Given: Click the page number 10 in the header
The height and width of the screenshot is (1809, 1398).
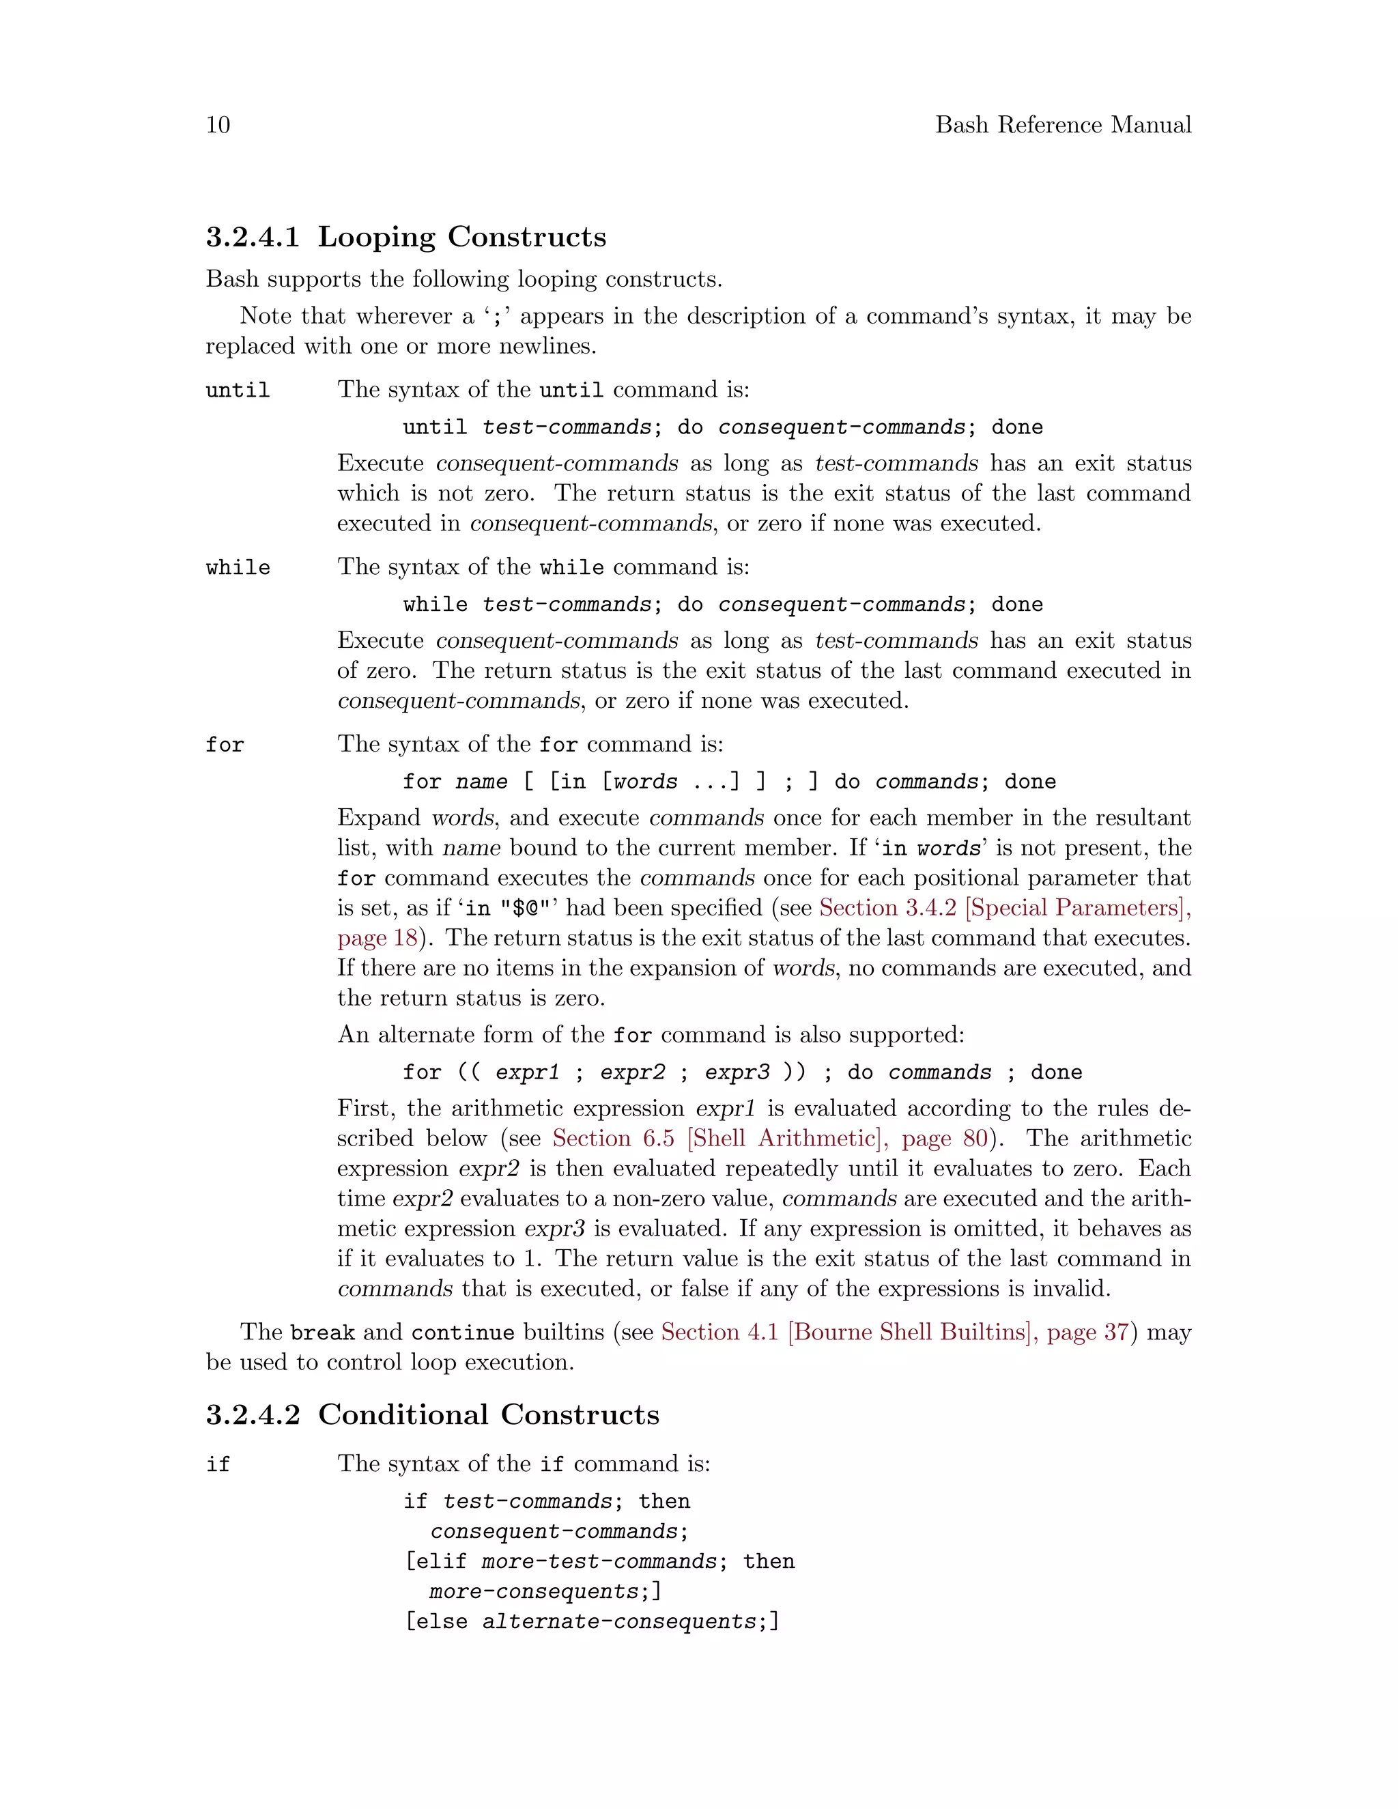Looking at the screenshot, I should pos(218,124).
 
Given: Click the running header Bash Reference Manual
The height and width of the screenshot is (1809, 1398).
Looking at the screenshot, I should pos(1063,124).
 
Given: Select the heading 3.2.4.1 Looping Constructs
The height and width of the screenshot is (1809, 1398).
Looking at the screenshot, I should pos(406,237).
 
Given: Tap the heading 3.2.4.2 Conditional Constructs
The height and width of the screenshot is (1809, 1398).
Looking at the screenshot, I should pos(432,1414).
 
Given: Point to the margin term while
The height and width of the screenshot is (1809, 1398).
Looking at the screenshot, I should pos(238,567).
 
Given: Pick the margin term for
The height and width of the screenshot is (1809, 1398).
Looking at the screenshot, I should pos(225,745).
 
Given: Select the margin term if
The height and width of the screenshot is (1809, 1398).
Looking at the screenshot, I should pos(218,1464).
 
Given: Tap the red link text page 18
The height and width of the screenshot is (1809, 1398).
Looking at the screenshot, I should pos(377,938).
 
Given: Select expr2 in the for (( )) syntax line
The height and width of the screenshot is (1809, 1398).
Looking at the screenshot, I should pos(633,1072).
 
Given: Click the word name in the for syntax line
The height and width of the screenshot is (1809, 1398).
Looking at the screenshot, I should pos(481,782).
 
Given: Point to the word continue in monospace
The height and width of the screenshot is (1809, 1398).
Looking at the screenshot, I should pos(462,1333).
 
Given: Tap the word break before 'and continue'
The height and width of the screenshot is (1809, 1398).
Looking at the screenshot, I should pos(322,1333).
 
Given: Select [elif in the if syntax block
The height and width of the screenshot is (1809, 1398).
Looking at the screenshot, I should pos(436,1561).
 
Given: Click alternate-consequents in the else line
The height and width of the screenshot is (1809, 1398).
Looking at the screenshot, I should pos(618,1621).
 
